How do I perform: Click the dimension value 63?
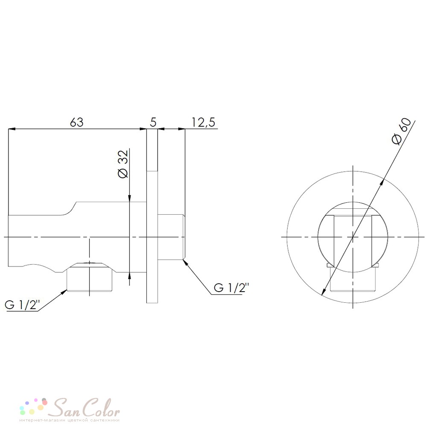[x=76, y=123]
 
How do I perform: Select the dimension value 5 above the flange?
[x=153, y=123]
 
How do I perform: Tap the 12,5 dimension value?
[x=203, y=123]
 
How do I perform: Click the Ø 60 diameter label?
[x=401, y=131]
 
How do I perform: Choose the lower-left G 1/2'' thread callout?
[x=22, y=304]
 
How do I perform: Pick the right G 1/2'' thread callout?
[x=231, y=287]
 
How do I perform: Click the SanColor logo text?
[x=86, y=407]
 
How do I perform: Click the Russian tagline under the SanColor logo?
[x=70, y=420]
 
